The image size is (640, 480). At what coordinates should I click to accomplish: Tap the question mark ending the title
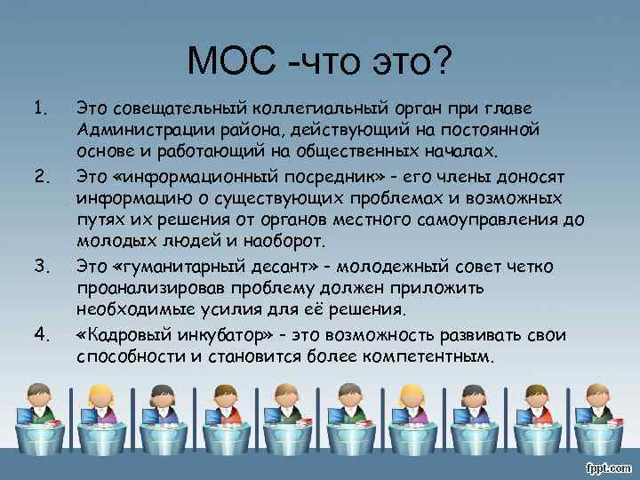441,61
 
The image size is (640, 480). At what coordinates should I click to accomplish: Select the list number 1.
39,108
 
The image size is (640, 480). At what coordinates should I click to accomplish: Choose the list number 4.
39,334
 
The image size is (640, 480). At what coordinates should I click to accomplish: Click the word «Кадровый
120,334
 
